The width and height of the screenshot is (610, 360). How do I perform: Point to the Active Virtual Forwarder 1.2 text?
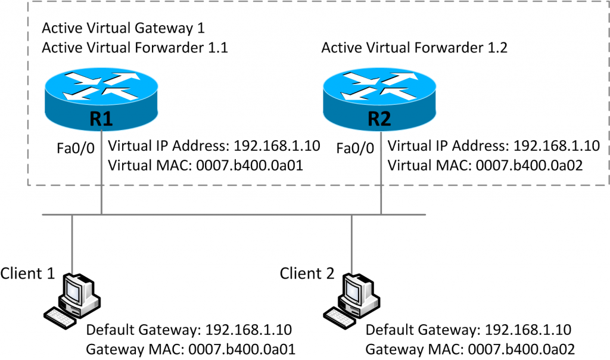(414, 48)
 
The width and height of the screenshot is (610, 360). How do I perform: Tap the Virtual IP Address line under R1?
(214, 146)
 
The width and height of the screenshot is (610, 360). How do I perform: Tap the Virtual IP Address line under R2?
(493, 146)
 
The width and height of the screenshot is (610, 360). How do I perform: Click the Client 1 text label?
(28, 273)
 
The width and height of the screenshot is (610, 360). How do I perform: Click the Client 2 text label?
(308, 273)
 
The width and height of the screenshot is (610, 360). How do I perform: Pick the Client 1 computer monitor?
(76, 290)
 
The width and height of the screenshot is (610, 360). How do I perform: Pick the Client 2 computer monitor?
(356, 290)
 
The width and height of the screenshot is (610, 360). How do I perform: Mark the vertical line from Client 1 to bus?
(72, 241)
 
